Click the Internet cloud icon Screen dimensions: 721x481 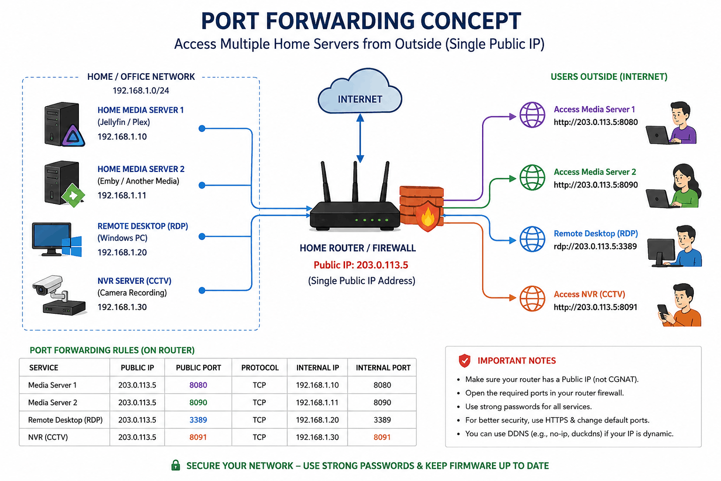tap(360, 91)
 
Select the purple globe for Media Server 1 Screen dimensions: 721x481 tap(532, 115)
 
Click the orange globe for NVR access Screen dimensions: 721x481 tap(532, 299)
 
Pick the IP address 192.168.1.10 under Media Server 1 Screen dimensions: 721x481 tap(122, 137)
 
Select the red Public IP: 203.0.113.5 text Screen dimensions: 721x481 tap(361, 265)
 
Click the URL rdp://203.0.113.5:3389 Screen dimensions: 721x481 tap(595, 247)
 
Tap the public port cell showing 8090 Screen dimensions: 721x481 tap(198, 403)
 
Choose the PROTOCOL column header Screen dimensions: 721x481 tap(260, 368)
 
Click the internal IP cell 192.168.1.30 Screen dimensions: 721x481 tap(317, 437)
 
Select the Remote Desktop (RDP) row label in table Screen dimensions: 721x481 tap(65, 420)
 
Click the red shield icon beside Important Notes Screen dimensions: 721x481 tap(464, 361)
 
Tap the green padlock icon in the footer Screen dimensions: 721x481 tap(176, 465)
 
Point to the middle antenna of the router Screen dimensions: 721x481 tap(355, 182)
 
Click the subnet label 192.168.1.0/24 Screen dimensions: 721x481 tap(141, 91)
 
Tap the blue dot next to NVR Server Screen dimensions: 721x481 tap(202, 291)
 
